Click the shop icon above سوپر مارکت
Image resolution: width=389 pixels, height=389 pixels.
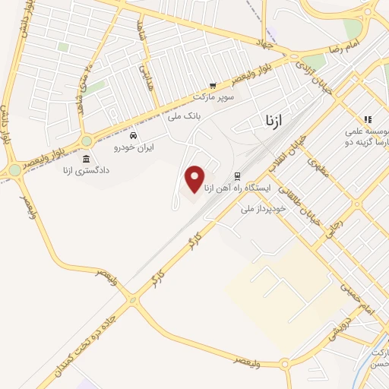coord(213,86)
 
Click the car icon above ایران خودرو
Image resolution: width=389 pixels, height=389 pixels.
coord(133,134)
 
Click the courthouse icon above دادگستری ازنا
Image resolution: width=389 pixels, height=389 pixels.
coord(85,160)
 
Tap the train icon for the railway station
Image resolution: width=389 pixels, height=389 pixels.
coord(236,175)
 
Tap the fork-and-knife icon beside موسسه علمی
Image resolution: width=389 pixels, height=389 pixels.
coord(368,119)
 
